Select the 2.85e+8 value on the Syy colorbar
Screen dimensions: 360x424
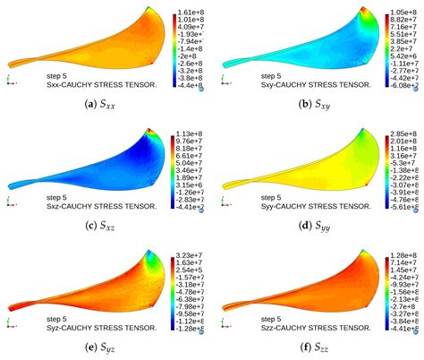(x=404, y=132)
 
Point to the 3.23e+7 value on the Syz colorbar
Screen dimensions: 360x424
(x=191, y=256)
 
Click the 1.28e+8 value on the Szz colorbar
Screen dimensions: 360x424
(x=404, y=256)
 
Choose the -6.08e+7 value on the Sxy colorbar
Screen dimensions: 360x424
(x=404, y=88)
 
